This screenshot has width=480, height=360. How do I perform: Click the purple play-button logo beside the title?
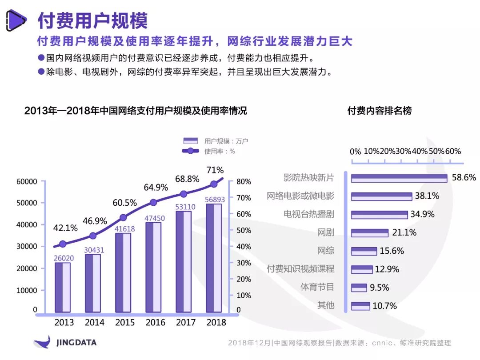tap(16, 20)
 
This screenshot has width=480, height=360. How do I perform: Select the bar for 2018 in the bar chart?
tap(214, 258)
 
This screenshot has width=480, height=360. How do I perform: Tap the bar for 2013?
tap(63, 288)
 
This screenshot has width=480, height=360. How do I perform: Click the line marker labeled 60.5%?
tap(123, 218)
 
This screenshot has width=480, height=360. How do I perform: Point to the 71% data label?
tap(215, 170)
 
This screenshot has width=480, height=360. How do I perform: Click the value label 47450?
tap(155, 218)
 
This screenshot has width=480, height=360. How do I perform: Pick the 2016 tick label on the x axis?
tap(155, 322)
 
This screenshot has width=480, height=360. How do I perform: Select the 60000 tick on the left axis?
tap(27, 181)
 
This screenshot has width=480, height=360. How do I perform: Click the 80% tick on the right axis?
tap(244, 181)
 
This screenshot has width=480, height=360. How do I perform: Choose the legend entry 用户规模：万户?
tap(216, 141)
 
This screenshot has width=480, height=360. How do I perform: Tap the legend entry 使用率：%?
tap(208, 151)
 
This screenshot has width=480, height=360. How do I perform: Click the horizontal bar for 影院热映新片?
tap(399, 178)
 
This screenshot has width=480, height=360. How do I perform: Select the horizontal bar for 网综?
tap(364, 251)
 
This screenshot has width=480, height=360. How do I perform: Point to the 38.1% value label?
tap(427, 196)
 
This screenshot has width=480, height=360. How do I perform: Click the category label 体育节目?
tap(317, 287)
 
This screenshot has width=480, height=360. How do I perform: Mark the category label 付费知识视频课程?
tap(300, 269)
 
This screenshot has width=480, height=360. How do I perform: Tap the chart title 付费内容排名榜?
tap(379, 111)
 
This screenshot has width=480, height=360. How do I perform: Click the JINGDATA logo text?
tap(76, 343)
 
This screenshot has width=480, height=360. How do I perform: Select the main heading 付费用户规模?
tap(93, 20)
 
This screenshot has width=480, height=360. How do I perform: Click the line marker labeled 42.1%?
tap(63, 244)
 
